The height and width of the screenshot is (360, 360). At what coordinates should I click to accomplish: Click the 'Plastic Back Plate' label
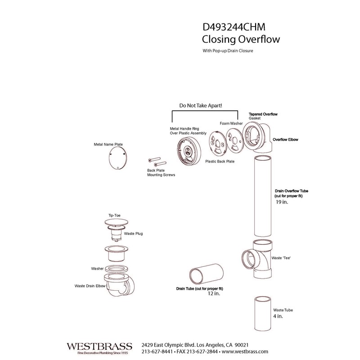(x=220, y=161)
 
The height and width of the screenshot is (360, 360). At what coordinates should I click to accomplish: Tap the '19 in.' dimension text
(x=281, y=202)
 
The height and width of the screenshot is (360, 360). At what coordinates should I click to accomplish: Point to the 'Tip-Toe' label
(x=114, y=216)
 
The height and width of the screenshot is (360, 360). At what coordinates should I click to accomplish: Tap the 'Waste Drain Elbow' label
(x=90, y=286)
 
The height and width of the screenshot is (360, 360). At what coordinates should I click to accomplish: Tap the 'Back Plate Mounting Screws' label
(x=161, y=173)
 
